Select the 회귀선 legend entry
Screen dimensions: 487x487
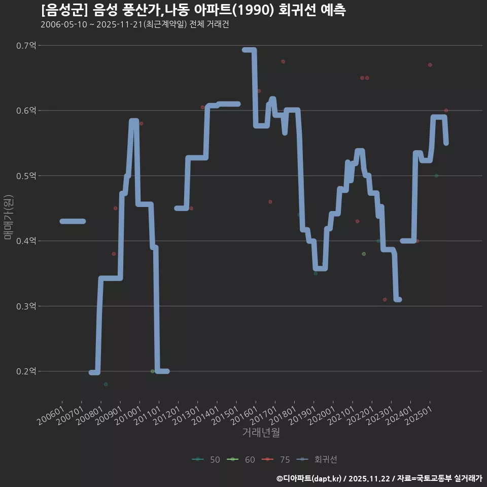318,460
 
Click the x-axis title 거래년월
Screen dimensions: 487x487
261,432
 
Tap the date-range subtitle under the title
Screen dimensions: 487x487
134,24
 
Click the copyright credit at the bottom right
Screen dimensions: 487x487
379,478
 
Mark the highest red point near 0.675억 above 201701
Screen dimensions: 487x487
283,61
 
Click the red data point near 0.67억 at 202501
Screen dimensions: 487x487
430,65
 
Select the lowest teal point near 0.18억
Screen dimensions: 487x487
106,384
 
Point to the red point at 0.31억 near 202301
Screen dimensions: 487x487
385,299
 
